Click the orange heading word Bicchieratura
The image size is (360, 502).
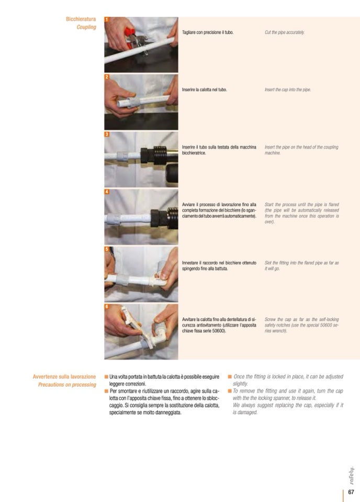pyautogui.click(x=81, y=19)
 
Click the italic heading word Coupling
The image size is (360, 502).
pyautogui.click(x=86, y=27)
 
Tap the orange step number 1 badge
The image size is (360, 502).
pyautogui.click(x=107, y=19)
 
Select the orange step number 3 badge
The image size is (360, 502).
pyautogui.click(x=107, y=134)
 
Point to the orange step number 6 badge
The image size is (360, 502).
pyautogui.click(x=107, y=306)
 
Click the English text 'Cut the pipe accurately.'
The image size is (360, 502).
pyautogui.click(x=285, y=32)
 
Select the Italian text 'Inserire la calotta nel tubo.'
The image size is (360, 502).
pyautogui.click(x=205, y=90)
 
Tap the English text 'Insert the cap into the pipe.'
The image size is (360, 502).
pyautogui.click(x=288, y=90)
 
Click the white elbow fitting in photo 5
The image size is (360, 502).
pyautogui.click(x=159, y=278)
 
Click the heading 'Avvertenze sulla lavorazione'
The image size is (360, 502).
pyautogui.click(x=64, y=377)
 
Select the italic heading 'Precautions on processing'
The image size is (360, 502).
pyautogui.click(x=67, y=385)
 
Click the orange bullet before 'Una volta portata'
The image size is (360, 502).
pyautogui.click(x=106, y=377)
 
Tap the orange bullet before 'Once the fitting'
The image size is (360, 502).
pyautogui.click(x=229, y=376)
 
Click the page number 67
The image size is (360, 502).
pyautogui.click(x=351, y=492)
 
